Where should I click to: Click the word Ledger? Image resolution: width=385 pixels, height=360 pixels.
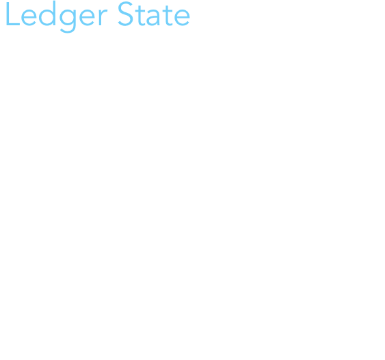coord(57,16)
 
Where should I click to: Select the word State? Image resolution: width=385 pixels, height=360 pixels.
coord(154,14)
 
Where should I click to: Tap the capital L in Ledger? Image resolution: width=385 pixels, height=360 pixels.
coord(13,14)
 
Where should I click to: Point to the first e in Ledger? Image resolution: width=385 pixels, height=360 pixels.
coord(29,16)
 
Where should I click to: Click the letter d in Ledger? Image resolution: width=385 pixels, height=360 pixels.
coord(47,13)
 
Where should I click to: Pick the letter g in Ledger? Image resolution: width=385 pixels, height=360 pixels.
coord(68,20)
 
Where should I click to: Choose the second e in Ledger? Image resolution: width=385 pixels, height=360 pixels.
coord(87,16)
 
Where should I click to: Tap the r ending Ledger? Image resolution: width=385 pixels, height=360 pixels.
coord(103,16)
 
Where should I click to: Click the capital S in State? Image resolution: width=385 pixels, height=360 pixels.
coord(126,14)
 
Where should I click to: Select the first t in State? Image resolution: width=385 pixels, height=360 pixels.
coord(140,15)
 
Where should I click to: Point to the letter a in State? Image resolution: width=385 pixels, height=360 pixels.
coord(152,17)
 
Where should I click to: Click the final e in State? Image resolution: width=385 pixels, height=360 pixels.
coord(182,17)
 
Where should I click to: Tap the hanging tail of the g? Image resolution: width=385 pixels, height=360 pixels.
coord(68,30)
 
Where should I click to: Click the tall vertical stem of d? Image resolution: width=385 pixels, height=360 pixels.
coord(54,13)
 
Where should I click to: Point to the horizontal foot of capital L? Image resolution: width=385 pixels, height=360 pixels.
coord(13,24)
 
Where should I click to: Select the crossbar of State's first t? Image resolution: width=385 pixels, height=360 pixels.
coord(140,10)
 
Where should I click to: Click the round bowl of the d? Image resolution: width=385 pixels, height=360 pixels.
coord(47,17)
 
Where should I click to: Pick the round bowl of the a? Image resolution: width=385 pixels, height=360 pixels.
coord(152,20)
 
